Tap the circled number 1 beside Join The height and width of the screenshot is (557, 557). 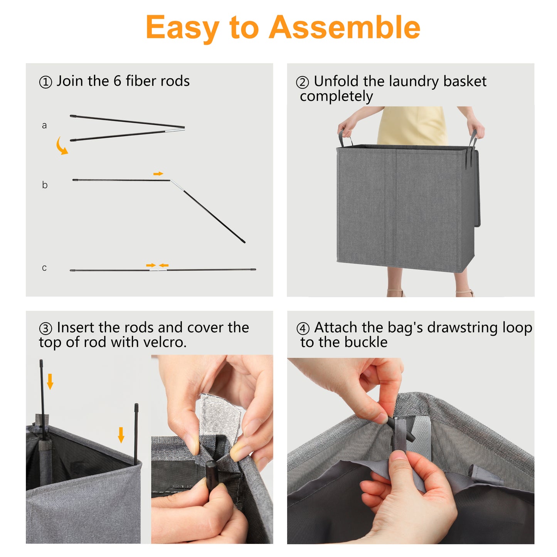[45, 82]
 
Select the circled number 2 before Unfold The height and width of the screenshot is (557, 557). [302, 82]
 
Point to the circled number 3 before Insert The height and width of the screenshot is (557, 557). [45, 329]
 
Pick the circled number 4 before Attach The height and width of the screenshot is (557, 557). [303, 328]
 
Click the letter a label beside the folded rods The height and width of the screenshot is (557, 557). [44, 125]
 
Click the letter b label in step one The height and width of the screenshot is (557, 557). [45, 184]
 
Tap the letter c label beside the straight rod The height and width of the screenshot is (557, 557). [44, 268]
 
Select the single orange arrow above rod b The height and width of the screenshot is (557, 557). [158, 173]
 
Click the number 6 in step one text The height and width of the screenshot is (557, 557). [117, 81]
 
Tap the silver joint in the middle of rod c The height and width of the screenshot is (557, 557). [158, 270]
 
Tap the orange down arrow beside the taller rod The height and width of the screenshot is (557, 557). [50, 381]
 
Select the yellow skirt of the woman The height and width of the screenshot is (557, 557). [412, 125]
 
